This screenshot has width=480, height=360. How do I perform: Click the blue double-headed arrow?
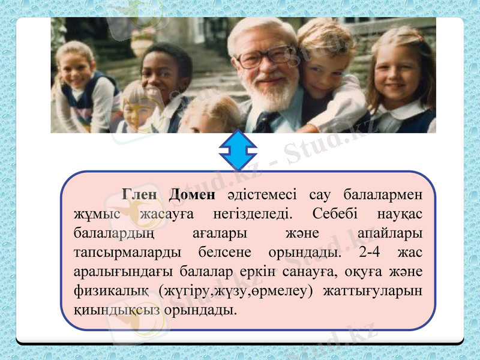click(x=238, y=151)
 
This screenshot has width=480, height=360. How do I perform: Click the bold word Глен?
click(x=140, y=196)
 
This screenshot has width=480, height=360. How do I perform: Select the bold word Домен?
click(x=192, y=196)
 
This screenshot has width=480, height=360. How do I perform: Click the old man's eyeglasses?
click(x=265, y=57)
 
